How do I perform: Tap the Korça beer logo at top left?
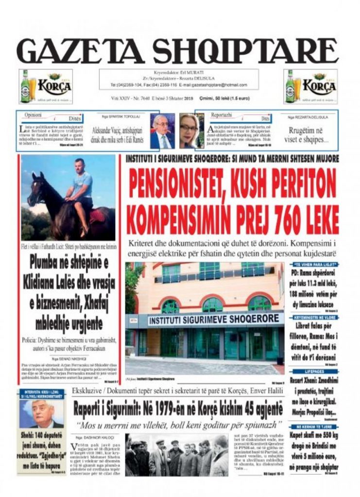coord(46,86)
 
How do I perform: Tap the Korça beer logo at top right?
coord(310,86)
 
